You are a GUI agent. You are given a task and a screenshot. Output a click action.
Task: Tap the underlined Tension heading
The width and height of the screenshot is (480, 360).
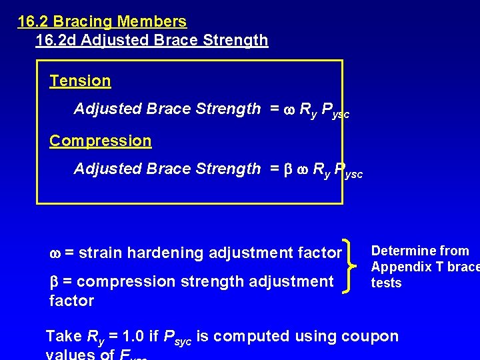(80, 81)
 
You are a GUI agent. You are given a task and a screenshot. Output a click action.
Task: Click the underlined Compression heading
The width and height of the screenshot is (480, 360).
(101, 141)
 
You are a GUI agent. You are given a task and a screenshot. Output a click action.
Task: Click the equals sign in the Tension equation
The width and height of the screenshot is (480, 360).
(274, 109)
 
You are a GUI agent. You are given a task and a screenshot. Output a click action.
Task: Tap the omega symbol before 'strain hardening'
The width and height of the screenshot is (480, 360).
(55, 253)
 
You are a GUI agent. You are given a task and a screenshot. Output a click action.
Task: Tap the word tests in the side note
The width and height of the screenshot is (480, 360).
(386, 283)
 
